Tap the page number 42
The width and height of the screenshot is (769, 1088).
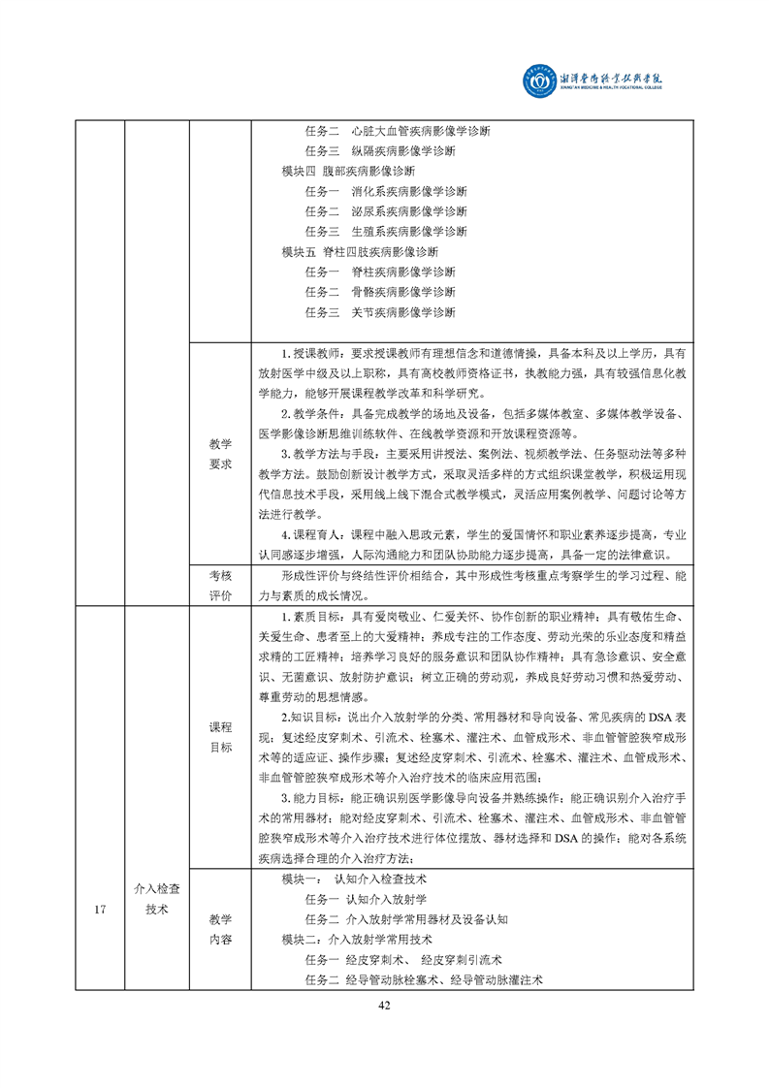pos(384,1005)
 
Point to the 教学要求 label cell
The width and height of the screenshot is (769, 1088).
pos(220,453)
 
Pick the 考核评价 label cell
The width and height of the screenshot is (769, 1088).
pos(220,585)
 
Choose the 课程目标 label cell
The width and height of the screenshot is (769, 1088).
pos(220,737)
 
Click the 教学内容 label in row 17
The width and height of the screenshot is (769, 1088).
pos(220,929)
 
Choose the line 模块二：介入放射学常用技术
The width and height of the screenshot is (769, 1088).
pos(357,940)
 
